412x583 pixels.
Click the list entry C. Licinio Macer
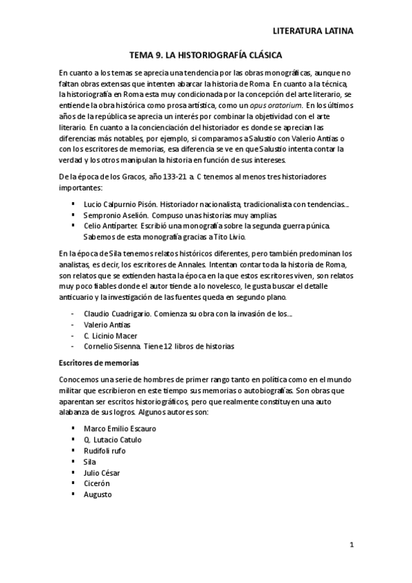[110, 335]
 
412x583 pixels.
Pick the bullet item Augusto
[98, 494]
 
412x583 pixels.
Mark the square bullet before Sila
[74, 461]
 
